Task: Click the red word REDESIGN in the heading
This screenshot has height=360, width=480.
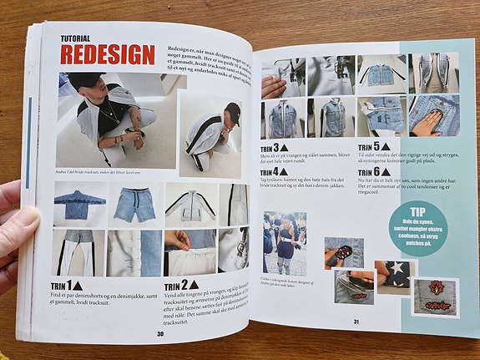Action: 108,55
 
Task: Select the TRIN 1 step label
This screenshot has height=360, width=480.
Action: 63,286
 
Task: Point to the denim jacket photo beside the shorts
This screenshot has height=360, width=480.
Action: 80,205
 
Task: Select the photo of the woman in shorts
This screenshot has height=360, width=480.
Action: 285,242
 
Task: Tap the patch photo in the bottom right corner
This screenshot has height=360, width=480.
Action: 435,297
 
